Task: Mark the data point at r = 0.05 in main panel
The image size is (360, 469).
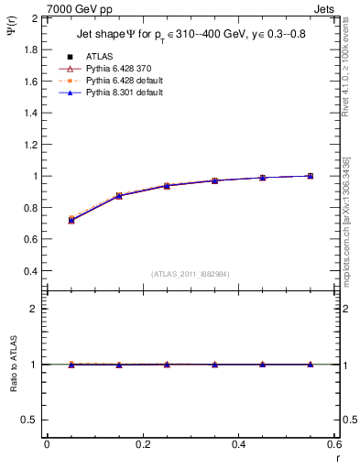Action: [71, 220]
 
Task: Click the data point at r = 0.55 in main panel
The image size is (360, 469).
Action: [311, 176]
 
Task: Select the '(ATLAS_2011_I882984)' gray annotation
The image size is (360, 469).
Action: [191, 275]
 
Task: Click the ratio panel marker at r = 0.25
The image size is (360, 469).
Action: [167, 365]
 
